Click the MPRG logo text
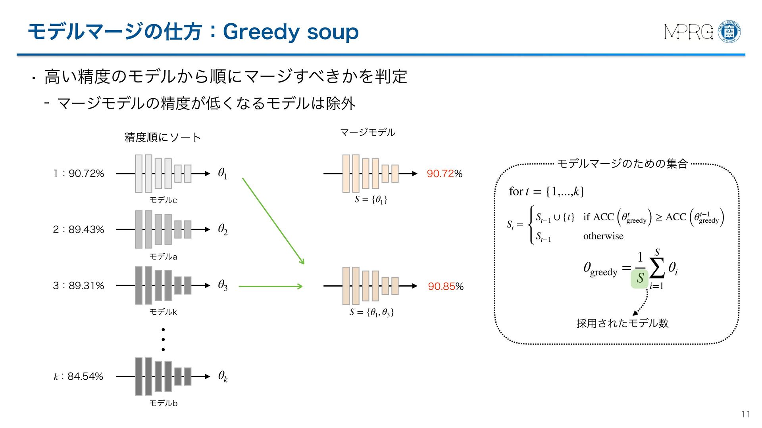pos(688,32)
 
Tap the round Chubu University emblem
pos(729,31)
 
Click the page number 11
pos(746,415)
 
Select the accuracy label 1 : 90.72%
pos(79,174)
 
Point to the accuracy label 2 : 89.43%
pos(79,229)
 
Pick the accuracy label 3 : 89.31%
pos(79,286)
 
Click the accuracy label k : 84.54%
pos(79,376)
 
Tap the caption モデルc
pos(163,201)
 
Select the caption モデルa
pos(163,257)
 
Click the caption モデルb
pos(163,403)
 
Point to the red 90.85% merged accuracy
pos(445,287)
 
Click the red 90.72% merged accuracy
pos(444,174)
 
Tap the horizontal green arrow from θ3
pos(270,286)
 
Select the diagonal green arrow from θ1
pos(273,221)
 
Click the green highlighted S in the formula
pos(639,279)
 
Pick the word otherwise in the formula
pos(603,236)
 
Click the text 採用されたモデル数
pos(622,323)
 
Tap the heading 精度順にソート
pos(163,138)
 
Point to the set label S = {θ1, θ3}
pos(371,313)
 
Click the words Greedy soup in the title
pos(291,32)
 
